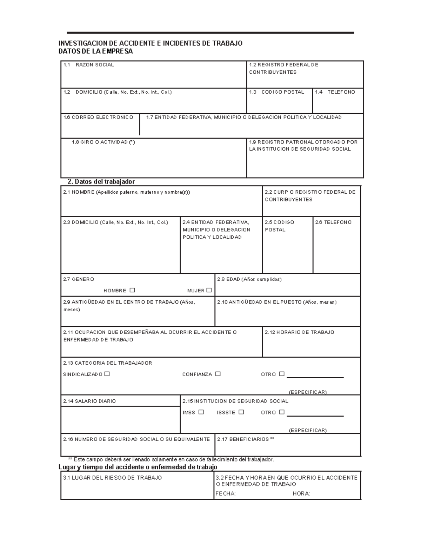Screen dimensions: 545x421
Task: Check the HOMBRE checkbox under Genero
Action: (132, 290)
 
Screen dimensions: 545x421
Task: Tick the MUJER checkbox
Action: (209, 290)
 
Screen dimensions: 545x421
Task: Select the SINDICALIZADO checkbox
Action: (107, 374)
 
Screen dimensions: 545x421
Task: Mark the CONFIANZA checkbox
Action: (218, 374)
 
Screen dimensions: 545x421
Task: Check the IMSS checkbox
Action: (201, 412)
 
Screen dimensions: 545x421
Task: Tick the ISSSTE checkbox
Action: (241, 412)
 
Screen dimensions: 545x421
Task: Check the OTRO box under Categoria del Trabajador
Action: (282, 374)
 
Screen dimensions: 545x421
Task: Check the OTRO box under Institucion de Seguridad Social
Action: (282, 412)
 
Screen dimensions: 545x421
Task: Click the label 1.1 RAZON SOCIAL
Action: (88, 65)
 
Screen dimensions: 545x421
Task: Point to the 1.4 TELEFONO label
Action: (335, 92)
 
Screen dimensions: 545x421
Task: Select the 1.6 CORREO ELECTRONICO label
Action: (98, 117)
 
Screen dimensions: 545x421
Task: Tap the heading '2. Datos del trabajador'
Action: (101, 182)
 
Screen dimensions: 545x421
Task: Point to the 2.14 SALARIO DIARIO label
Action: (89, 401)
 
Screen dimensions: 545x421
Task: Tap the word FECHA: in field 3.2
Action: (225, 494)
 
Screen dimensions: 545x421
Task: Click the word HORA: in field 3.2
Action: (301, 494)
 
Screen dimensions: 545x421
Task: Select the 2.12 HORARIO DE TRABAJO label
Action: (299, 332)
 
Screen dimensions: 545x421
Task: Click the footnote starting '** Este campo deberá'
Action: (171, 460)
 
